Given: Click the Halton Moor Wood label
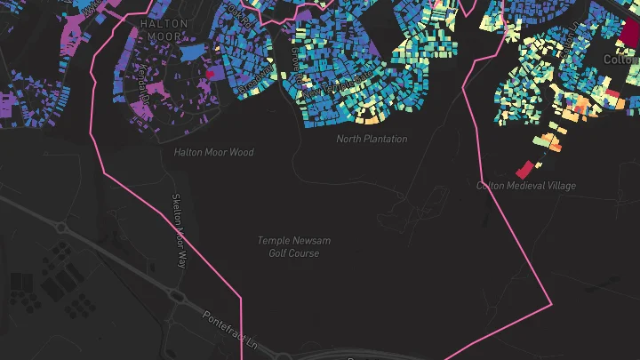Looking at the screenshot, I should click(x=213, y=152).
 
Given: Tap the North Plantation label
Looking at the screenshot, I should click(x=372, y=139).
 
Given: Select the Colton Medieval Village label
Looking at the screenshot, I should click(x=525, y=186).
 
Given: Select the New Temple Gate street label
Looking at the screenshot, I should click(x=335, y=86).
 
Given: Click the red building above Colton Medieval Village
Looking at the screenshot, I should click(x=525, y=167).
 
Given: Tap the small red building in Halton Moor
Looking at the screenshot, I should click(x=211, y=75).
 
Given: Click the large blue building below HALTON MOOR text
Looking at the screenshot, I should click(x=191, y=52).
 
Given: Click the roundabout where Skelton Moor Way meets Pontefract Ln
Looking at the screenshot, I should click(x=177, y=297).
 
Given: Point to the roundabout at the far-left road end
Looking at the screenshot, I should click(x=60, y=228).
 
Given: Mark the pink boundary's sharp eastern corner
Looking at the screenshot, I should click(x=551, y=302).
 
